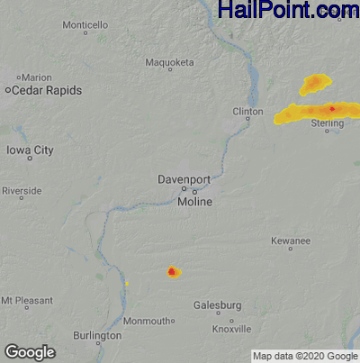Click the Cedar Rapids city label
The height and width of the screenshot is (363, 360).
point(48,91)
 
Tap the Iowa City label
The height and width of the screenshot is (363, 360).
point(30,150)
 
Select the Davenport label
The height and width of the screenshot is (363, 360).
point(183,179)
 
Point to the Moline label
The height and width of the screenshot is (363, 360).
point(194,202)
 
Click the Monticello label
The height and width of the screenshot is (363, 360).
point(85,24)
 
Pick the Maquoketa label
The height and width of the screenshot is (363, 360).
point(169,63)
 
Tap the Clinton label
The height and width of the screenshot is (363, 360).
point(247,112)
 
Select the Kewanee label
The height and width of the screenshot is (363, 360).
point(291,241)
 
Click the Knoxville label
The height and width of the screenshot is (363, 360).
point(231,329)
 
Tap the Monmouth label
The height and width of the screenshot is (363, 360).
point(146,322)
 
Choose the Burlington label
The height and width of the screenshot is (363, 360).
point(97,336)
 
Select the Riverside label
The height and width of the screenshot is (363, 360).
point(21,192)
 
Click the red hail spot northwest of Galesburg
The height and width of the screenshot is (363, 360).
point(172,271)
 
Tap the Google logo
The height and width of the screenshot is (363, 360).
point(30,352)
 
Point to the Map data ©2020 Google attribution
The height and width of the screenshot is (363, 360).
point(303,356)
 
